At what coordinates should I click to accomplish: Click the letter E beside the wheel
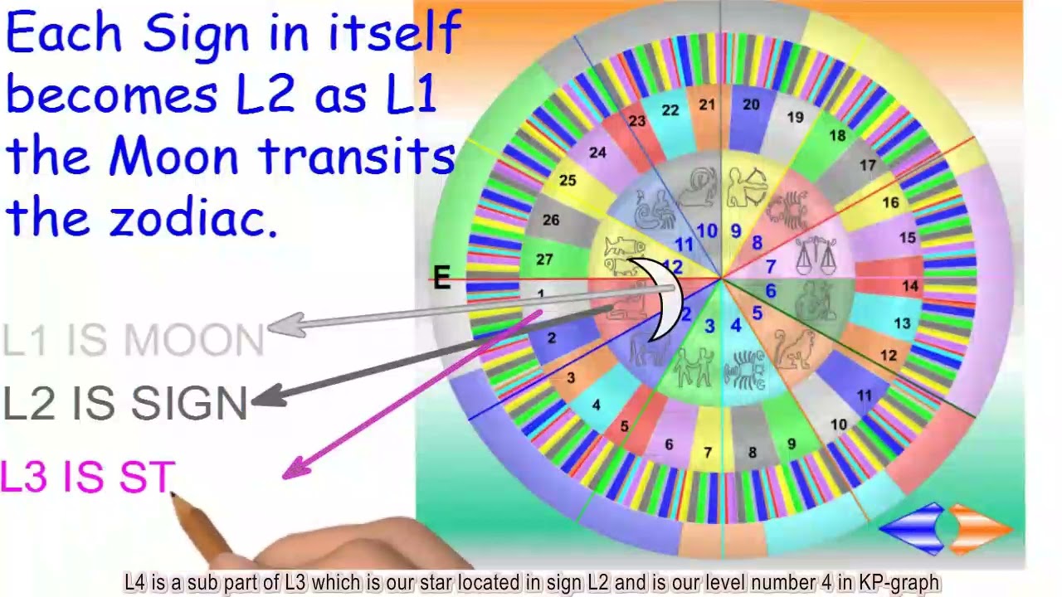click(x=441, y=278)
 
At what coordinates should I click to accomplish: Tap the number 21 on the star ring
click(x=707, y=105)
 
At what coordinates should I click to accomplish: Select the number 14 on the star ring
click(x=910, y=286)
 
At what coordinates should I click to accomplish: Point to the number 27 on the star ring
click(x=544, y=260)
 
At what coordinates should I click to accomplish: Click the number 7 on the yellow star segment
click(x=707, y=453)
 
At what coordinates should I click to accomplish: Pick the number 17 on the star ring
click(x=868, y=166)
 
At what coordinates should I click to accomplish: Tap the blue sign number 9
click(x=735, y=231)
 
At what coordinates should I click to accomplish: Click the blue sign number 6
click(x=770, y=291)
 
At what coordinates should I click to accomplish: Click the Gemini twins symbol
click(x=693, y=366)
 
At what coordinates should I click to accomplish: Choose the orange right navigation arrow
click(x=979, y=527)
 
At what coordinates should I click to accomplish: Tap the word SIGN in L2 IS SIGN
click(x=189, y=404)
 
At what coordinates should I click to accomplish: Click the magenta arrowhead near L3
click(x=295, y=470)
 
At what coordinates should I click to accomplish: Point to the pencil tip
click(x=173, y=495)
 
